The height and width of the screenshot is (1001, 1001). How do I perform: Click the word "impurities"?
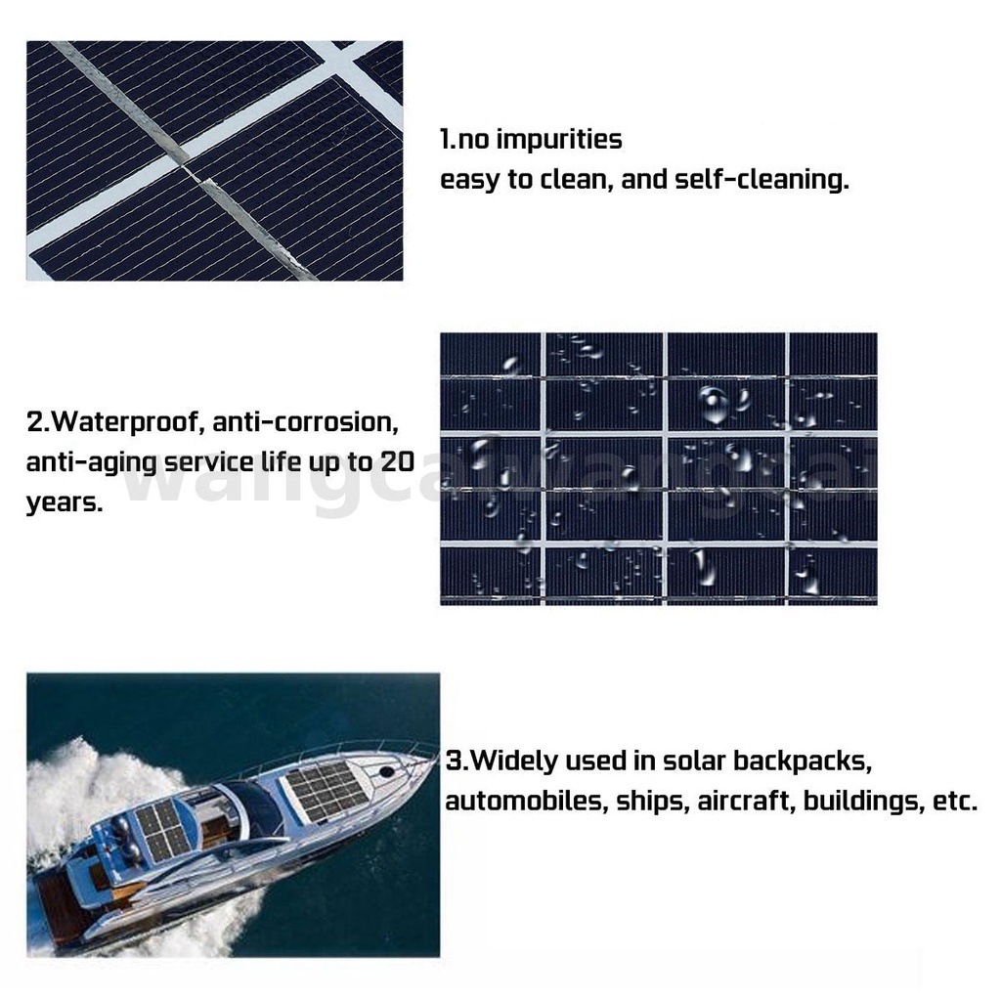tap(558, 140)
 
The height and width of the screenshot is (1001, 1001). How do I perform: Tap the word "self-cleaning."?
tap(762, 179)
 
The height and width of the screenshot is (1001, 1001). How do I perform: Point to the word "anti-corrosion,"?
tap(306, 422)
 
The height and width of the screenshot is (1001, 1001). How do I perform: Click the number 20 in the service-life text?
tap(398, 461)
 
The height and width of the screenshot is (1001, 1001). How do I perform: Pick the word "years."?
tap(65, 503)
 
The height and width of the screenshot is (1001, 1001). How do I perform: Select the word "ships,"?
tap(652, 802)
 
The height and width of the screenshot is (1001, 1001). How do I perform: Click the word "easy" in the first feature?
tap(470, 180)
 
